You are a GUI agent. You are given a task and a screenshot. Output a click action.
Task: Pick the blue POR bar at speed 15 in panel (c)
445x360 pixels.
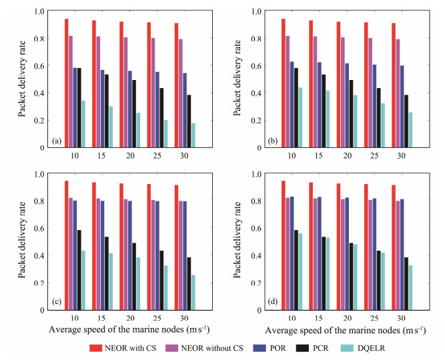point(101,255)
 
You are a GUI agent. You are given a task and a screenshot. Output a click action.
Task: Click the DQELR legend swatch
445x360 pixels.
point(378,347)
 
